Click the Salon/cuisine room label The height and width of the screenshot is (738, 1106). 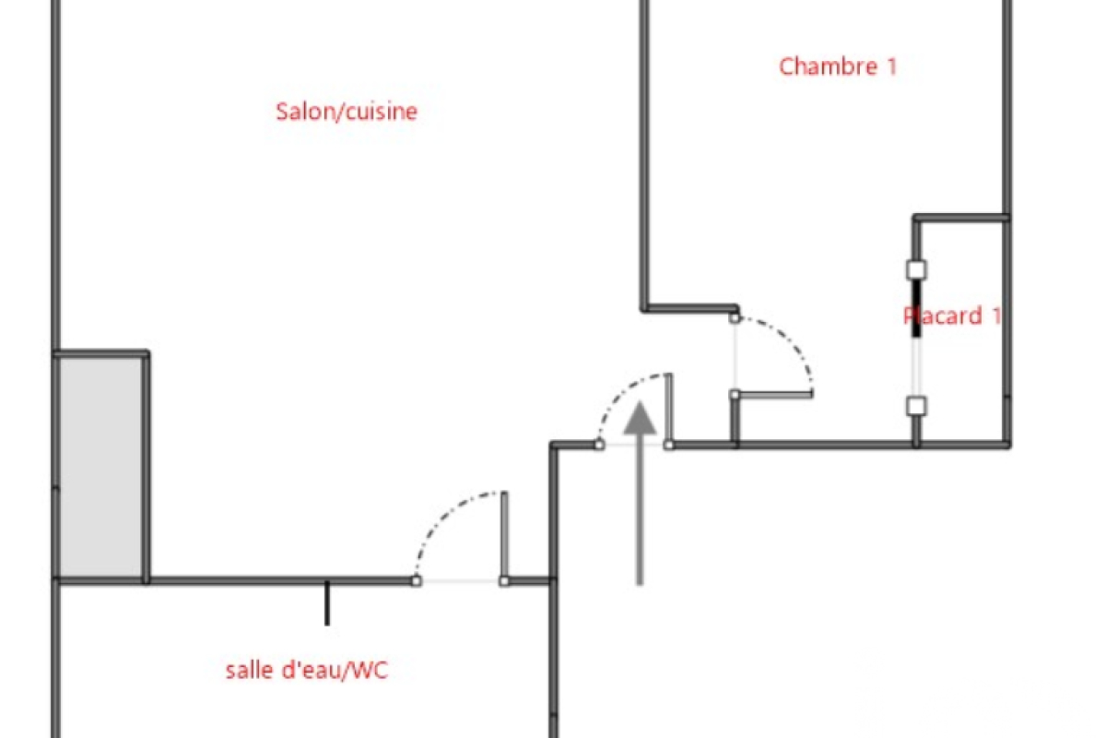click(347, 112)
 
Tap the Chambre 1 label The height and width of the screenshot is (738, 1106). click(837, 66)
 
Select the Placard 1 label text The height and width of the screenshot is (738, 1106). click(952, 315)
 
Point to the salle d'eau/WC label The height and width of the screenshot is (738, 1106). click(306, 671)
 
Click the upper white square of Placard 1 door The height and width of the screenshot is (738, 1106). click(915, 269)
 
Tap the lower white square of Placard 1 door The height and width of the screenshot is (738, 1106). click(915, 405)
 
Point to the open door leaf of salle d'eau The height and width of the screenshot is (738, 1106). click(504, 535)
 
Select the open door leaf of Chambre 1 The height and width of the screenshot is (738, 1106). click(774, 394)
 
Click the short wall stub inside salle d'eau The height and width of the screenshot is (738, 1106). click(326, 604)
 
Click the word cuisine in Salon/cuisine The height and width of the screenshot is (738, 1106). click(382, 112)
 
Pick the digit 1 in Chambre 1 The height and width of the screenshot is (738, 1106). click(890, 66)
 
